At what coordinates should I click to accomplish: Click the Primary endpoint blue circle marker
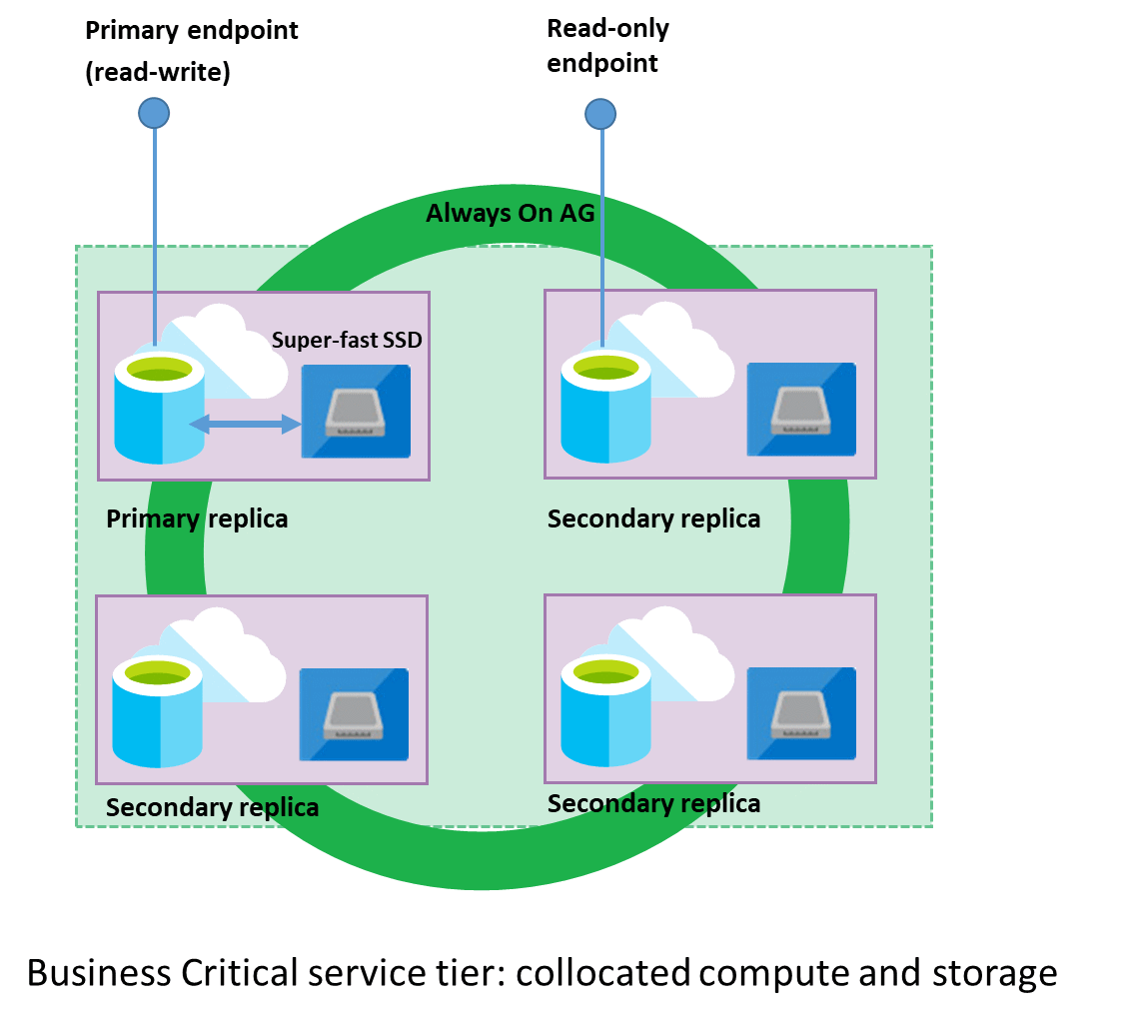[154, 113]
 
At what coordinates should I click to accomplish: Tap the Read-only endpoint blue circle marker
[599, 115]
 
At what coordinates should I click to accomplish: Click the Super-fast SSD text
[347, 341]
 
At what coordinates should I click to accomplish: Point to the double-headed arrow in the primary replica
[246, 425]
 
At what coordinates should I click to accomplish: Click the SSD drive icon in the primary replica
[357, 411]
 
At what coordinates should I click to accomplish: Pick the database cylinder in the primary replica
[160, 410]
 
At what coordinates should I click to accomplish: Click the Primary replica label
[197, 518]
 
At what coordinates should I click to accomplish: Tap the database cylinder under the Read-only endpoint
[605, 410]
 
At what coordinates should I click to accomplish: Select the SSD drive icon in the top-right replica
[801, 410]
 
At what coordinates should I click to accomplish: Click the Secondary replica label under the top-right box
[653, 518]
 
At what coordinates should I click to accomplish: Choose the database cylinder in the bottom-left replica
[158, 714]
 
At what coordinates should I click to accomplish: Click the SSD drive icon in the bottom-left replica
[355, 714]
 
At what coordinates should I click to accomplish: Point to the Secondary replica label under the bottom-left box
[212, 807]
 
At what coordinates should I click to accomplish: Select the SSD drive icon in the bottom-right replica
[801, 713]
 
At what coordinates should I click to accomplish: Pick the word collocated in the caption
[602, 972]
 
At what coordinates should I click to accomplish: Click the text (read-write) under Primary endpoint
[157, 73]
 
